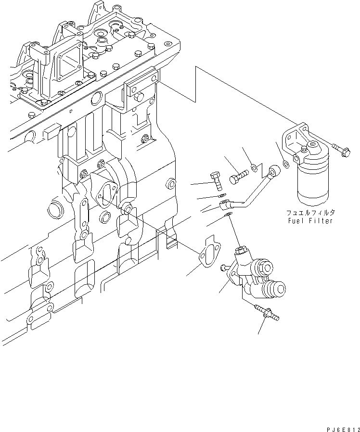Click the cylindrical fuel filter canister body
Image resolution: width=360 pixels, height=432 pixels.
coord(313,183)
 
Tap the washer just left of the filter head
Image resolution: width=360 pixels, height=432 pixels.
coord(286,165)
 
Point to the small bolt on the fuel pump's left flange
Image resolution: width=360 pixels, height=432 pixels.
coord(224,267)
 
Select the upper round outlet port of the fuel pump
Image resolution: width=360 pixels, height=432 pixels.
coord(266,267)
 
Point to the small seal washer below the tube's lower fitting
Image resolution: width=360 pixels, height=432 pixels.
coord(230,215)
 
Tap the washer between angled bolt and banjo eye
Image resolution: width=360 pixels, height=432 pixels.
coord(253,169)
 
